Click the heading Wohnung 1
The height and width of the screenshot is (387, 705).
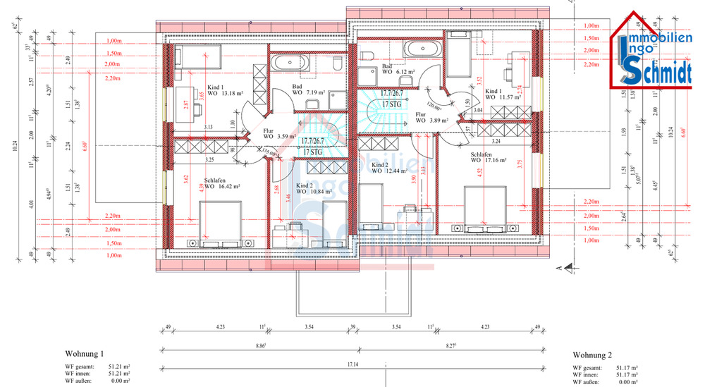pos(84,353)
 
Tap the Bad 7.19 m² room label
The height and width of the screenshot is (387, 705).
pos(308,90)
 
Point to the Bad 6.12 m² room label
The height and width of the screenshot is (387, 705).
pos(396,69)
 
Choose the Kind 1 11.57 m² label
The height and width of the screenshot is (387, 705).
pos(498,96)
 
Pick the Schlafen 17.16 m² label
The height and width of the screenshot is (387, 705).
pos(486,156)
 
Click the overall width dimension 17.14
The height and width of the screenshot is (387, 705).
pos(352,364)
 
